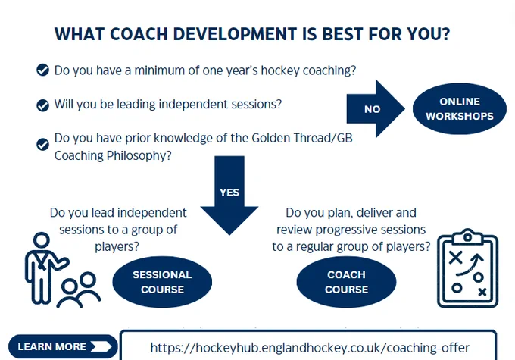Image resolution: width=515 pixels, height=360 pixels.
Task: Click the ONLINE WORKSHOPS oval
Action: pos(460,109)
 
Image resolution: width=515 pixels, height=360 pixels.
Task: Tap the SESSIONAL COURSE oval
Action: pos(162,282)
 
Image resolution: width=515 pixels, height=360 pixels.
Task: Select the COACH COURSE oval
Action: pos(347,282)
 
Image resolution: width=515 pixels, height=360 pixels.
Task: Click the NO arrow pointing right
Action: pos(376,109)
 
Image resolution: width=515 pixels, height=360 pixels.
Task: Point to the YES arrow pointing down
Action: pos(229,196)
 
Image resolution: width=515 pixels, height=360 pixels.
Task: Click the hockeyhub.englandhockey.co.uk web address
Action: pos(310,348)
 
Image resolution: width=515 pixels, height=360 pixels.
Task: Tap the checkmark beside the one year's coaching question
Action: pos(42,70)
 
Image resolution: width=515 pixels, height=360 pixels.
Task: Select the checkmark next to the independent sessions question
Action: pos(42,105)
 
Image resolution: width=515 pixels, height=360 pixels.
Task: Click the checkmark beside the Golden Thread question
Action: pos(42,144)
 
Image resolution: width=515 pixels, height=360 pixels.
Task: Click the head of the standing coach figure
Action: pos(42,240)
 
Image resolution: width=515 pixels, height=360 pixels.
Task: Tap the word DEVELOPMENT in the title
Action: pos(235,34)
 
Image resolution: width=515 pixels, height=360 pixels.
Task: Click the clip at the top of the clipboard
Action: pos(468,236)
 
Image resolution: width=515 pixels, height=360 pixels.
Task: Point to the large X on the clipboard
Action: pos(456,258)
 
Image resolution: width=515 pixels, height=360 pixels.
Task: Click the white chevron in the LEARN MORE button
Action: pos(101,346)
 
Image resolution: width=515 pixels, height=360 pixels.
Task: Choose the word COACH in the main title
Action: pos(139,34)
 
